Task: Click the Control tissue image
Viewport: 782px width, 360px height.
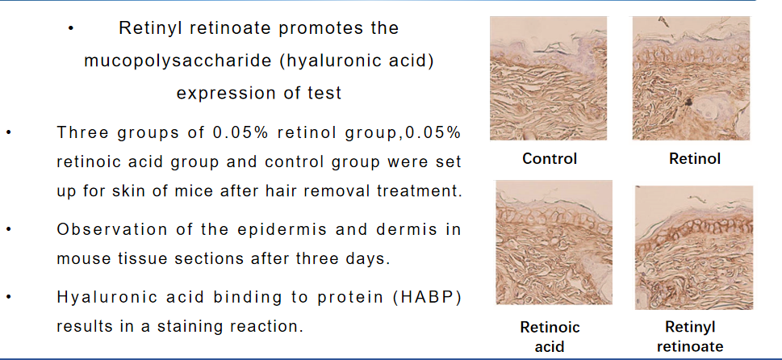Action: point(548,78)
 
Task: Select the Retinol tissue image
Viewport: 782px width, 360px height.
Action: point(692,78)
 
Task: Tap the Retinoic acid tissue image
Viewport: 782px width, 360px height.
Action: point(554,242)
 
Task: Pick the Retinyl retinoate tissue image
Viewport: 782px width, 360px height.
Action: point(694,248)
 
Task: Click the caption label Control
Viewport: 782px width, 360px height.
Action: point(550,158)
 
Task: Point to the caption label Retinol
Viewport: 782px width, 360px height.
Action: point(695,158)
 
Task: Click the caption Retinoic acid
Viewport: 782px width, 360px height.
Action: point(550,337)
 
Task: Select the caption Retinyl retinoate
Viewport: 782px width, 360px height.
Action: point(690,337)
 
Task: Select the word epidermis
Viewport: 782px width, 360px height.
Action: point(282,230)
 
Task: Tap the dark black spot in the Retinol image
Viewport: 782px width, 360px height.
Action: point(688,102)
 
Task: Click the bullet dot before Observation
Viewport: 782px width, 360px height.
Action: point(9,230)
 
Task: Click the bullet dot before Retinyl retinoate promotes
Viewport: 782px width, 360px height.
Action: point(71,29)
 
